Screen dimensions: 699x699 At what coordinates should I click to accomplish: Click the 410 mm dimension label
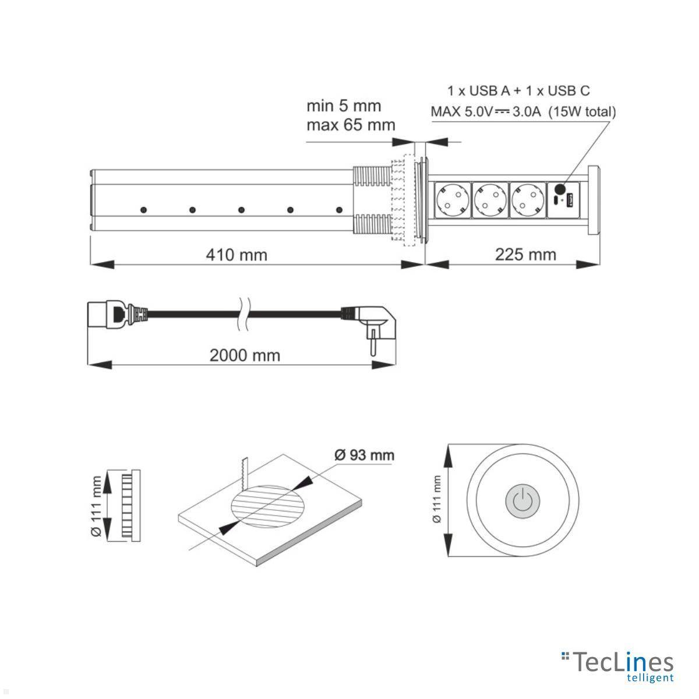pyautogui.click(x=236, y=255)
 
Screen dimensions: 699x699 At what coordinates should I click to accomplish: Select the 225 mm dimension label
pyautogui.click(x=525, y=255)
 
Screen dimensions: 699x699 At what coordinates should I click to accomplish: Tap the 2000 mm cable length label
pyautogui.click(x=245, y=355)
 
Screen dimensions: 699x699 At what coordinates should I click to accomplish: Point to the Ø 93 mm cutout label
pyautogui.click(x=364, y=455)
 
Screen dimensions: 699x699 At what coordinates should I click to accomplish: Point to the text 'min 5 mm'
pyautogui.click(x=344, y=106)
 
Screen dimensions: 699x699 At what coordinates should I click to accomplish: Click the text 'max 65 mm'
pyautogui.click(x=351, y=125)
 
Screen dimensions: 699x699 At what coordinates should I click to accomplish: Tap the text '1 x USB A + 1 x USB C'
pyautogui.click(x=518, y=91)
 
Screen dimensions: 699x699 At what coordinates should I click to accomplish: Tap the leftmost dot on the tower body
pyautogui.click(x=142, y=209)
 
